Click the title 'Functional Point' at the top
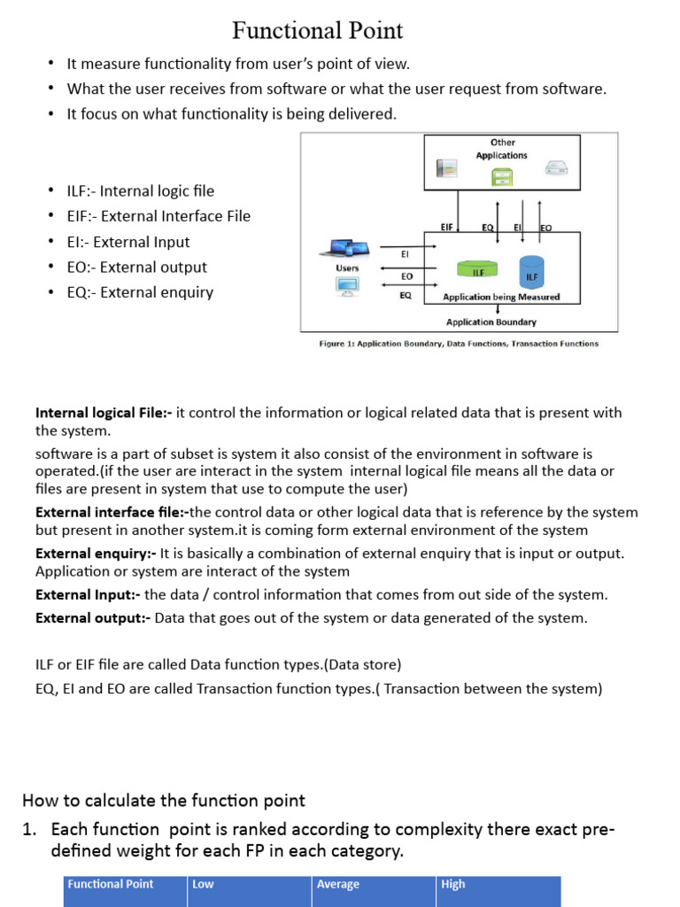point(317,31)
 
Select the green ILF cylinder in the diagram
point(477,268)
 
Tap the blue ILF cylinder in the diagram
point(531,271)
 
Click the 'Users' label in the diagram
point(348,267)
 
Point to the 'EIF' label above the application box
point(447,228)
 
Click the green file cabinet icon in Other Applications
point(501,176)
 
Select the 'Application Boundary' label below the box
point(491,322)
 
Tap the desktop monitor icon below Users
point(347,286)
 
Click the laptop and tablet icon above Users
point(347,249)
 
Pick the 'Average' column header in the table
point(338,884)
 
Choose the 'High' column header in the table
point(453,884)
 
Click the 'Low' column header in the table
point(203,884)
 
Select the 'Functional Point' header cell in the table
point(111,884)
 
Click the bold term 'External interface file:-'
point(112,512)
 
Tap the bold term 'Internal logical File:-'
point(104,413)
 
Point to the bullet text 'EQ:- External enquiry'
point(140,292)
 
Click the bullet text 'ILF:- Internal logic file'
point(140,191)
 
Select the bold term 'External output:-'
point(93,618)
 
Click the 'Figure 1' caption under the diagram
point(458,344)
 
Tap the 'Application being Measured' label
point(500,298)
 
